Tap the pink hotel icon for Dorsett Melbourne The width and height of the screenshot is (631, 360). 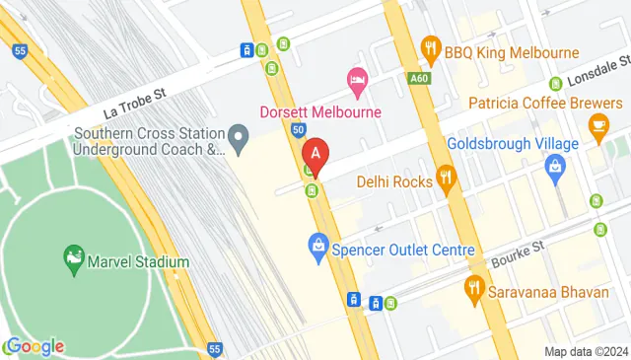pyautogui.click(x=357, y=78)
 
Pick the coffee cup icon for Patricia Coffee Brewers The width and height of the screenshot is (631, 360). pyautogui.click(x=597, y=125)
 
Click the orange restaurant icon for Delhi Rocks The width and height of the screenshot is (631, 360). pyautogui.click(x=448, y=179)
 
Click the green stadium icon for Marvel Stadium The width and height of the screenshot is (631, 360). pyautogui.click(x=73, y=259)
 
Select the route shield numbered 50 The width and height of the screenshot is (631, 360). pyautogui.click(x=298, y=129)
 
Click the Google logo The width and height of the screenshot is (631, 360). pyautogui.click(x=34, y=346)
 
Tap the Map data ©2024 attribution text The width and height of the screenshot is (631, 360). pyautogui.click(x=586, y=351)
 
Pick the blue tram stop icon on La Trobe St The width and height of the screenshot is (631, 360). pyautogui.click(x=246, y=49)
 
